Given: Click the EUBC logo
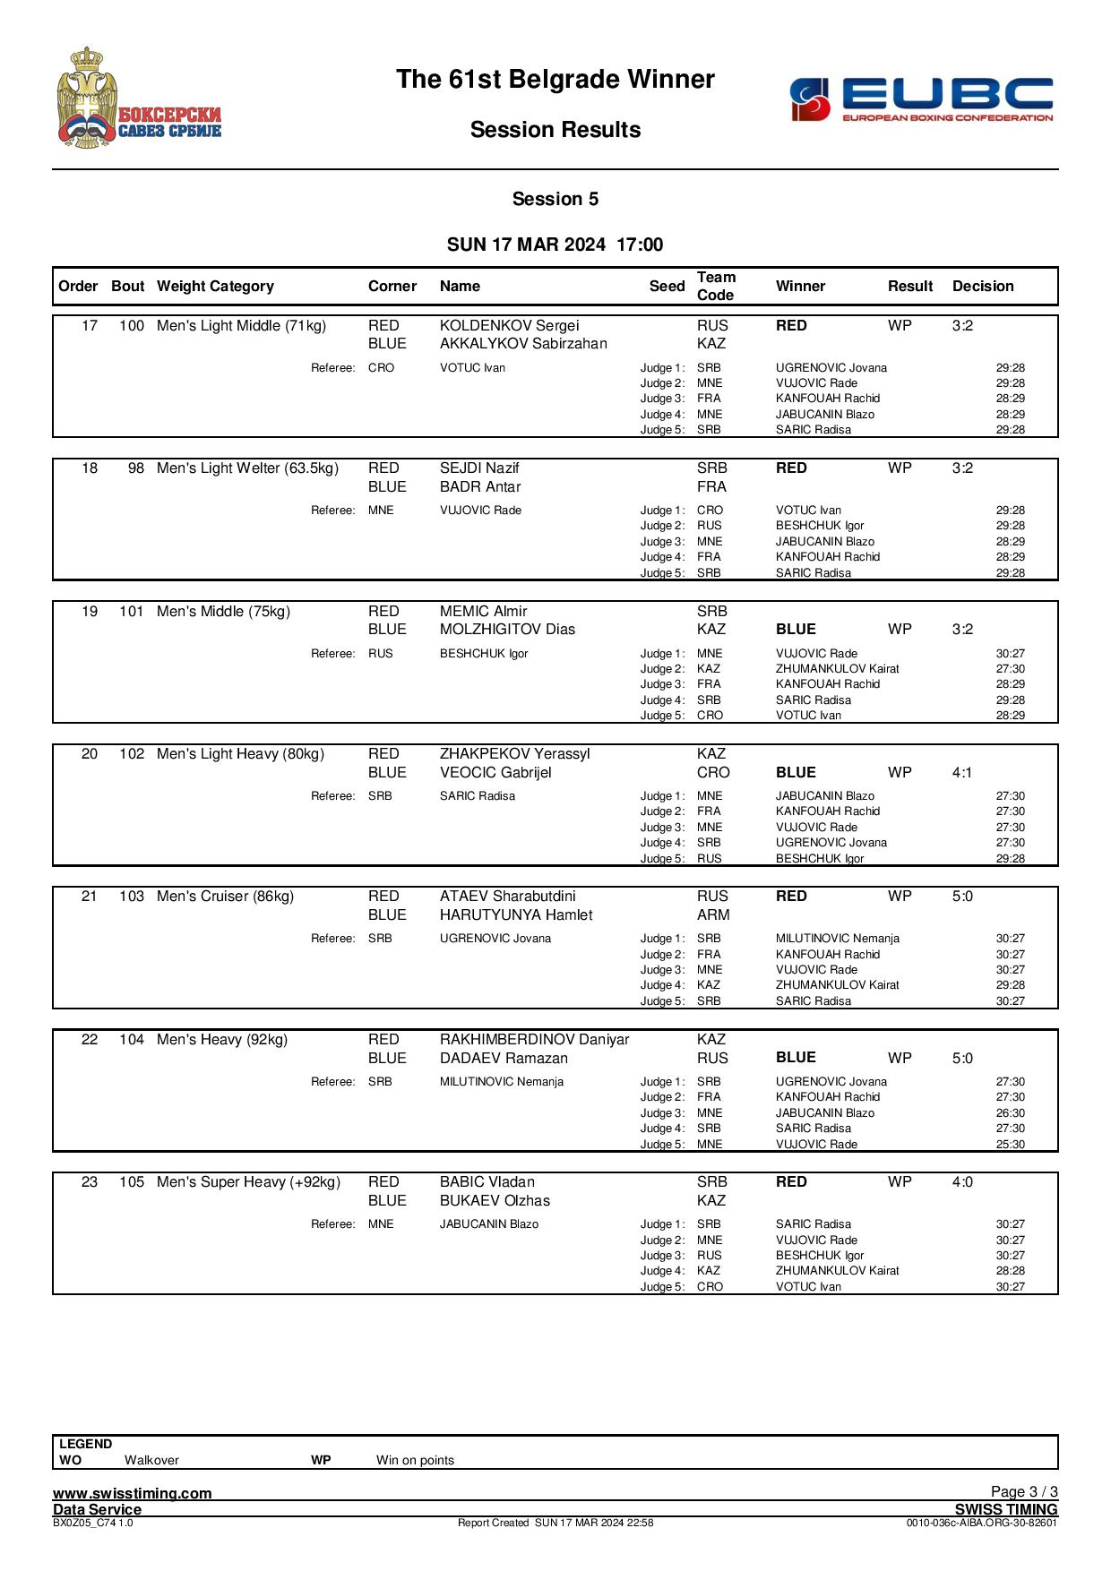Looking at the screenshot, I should pos(921,99).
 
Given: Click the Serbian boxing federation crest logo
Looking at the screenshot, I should pos(139,98).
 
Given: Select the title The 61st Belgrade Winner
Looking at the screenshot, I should pos(555,80).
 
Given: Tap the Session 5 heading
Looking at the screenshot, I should pos(555,199).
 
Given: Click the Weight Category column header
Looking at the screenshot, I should pos(215,287).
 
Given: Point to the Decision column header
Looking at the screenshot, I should pos(983,287).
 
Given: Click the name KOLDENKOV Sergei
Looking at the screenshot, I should pos(509,326).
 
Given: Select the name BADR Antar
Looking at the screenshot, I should pos(480,487).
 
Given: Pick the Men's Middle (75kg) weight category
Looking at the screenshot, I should pos(224,612).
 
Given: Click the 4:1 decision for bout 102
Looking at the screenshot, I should pos(962,772).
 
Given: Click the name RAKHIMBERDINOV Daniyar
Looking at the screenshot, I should pos(534,1040).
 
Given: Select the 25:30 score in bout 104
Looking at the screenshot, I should pos(1010,1144).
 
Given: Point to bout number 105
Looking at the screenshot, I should pos(131,1182).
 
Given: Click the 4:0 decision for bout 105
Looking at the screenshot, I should pos(962,1182).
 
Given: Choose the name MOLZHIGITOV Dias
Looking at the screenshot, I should pos(507,630).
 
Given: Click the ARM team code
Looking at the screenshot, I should pos(713,914).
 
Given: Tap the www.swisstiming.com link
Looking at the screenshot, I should pos(133,1493).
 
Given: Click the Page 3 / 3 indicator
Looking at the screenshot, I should pos(1024,1491).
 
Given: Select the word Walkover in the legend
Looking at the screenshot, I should pos(151,1460).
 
